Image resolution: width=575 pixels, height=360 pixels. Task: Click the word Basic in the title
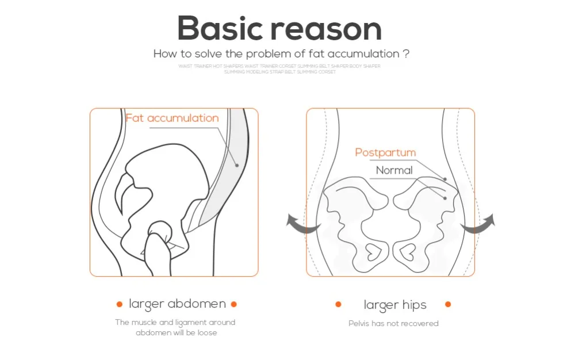click(220, 28)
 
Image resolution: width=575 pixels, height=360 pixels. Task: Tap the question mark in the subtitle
click(406, 54)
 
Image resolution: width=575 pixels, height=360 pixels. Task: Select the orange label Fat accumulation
click(172, 118)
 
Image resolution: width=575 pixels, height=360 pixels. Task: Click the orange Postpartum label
click(385, 152)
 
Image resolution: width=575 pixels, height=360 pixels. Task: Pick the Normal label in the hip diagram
click(394, 170)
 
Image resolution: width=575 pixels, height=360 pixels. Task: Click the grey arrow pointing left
click(302, 224)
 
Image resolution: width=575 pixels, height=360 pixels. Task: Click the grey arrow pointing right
click(478, 224)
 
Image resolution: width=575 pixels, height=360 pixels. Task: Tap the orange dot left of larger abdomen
click(120, 304)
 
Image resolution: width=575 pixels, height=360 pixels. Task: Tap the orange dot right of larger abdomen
click(233, 304)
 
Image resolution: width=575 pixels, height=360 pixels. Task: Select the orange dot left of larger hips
click(338, 304)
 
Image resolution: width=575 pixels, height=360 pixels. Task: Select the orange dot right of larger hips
click(448, 304)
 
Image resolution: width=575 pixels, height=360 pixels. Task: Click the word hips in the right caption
click(414, 305)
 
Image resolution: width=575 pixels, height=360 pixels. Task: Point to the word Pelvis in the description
click(358, 323)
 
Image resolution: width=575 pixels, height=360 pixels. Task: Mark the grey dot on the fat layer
click(236, 165)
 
